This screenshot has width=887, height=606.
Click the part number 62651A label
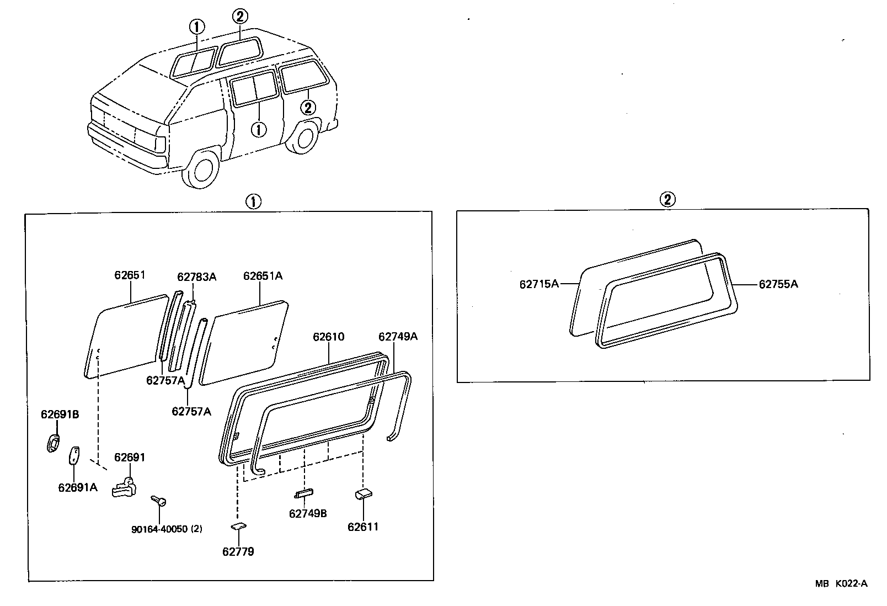click(x=263, y=275)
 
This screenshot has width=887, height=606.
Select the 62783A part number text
click(x=196, y=277)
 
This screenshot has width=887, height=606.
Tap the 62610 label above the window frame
click(x=328, y=336)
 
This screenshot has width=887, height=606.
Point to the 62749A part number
click(x=398, y=336)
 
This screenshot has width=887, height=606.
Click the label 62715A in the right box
click(x=539, y=284)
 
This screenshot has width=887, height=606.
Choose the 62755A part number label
click(x=778, y=284)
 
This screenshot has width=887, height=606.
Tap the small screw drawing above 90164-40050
click(x=158, y=500)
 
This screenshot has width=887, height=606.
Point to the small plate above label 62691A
click(x=73, y=455)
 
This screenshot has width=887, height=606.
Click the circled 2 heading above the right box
click(x=667, y=199)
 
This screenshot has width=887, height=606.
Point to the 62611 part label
click(x=363, y=527)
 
